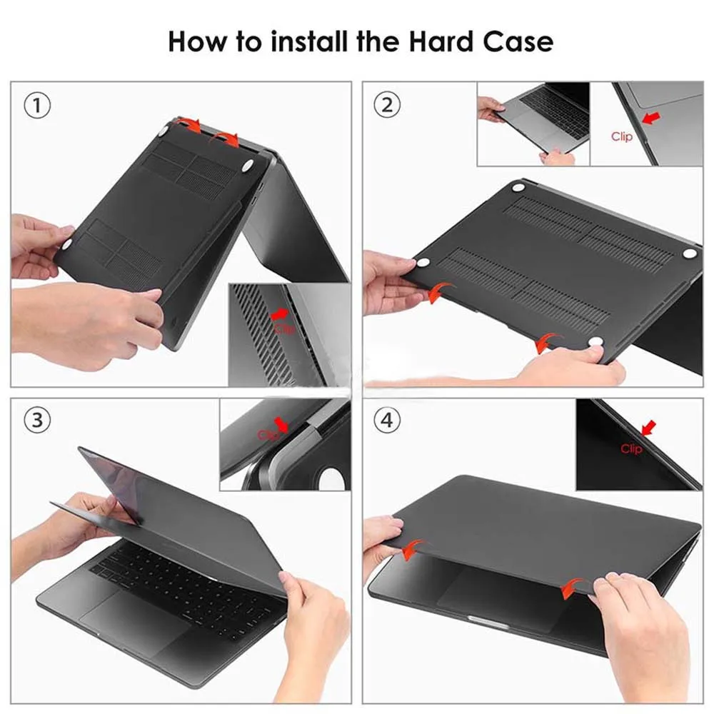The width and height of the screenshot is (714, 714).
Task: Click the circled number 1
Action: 37,106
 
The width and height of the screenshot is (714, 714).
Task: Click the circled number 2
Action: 387,105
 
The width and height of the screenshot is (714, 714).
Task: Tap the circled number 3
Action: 37,420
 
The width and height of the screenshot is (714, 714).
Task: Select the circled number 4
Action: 387,420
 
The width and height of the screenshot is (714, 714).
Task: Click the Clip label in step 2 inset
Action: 622,136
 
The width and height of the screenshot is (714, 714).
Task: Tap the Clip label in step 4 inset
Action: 631,449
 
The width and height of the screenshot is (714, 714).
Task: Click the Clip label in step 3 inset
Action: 268,436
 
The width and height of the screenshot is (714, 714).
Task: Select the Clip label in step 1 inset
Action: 284,328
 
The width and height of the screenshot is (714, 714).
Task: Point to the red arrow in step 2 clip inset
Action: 651,118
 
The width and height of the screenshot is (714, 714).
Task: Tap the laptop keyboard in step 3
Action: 182,578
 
